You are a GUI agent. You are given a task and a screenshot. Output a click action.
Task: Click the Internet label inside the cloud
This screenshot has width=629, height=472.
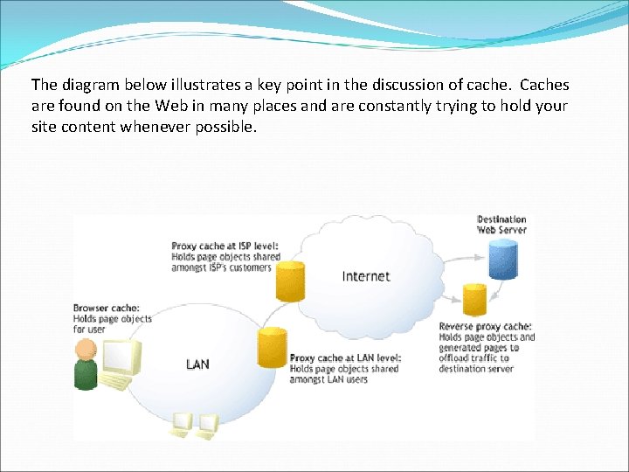[365, 276]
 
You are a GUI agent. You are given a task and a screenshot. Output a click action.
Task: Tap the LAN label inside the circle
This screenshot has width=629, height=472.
[197, 364]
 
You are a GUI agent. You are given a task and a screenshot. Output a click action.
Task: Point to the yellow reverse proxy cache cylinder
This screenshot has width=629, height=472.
[474, 300]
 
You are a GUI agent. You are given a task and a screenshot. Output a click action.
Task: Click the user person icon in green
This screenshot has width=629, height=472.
[86, 364]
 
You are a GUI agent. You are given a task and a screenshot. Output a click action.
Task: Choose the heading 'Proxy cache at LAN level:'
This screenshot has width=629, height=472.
[346, 358]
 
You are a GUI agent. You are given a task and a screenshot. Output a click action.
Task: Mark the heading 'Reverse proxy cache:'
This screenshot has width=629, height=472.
[485, 327]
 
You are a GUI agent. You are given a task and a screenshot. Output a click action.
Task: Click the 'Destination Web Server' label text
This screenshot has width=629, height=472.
[501, 225]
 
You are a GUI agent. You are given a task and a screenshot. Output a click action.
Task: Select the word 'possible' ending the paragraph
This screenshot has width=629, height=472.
[228, 126]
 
